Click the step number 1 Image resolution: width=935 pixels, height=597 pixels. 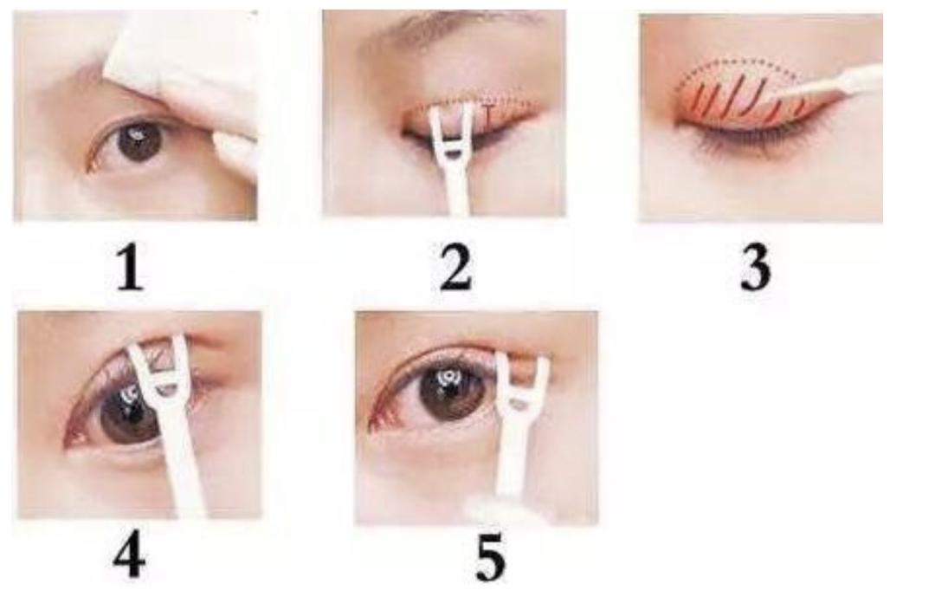pyautogui.click(x=130, y=269)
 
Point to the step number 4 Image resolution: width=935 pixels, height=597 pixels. pyautogui.click(x=129, y=557)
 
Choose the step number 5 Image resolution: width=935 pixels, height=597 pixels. pyautogui.click(x=490, y=559)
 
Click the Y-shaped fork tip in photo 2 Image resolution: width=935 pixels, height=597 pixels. pyautogui.click(x=451, y=128)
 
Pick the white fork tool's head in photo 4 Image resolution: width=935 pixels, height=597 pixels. pyautogui.click(x=159, y=370)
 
